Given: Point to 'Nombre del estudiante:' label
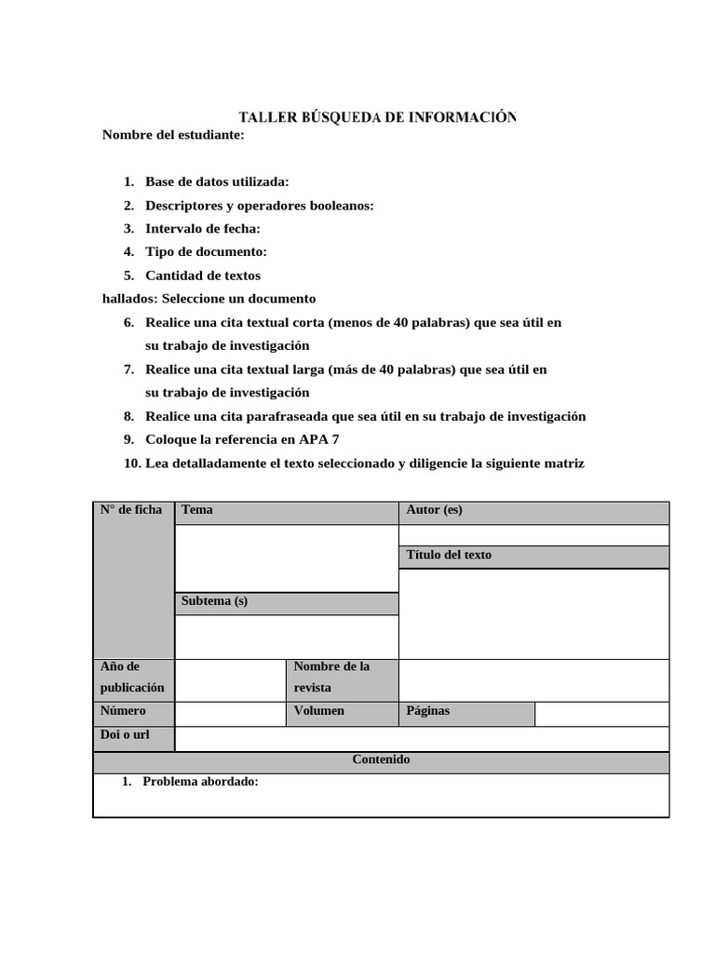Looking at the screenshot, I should tap(173, 136).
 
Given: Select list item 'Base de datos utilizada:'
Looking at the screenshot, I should tap(217, 182).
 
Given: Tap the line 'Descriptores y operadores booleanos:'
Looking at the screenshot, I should tap(259, 206).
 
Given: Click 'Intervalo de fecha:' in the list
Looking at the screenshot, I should tap(203, 229).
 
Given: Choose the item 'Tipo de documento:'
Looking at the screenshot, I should tap(206, 252).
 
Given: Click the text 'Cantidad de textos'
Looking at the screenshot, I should tap(203, 275).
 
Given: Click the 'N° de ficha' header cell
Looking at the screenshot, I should tap(133, 510).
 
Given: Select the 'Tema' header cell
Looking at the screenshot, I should tap(286, 512).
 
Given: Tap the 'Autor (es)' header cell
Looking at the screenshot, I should tap(533, 512).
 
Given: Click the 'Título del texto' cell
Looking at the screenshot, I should tap(533, 557).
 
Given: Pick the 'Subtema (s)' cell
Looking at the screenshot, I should tap(286, 603).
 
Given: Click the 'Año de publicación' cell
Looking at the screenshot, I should tap(133, 678).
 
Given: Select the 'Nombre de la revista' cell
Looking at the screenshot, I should tap(342, 678).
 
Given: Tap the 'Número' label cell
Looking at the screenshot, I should tap(133, 712).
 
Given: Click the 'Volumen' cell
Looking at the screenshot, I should tap(342, 712).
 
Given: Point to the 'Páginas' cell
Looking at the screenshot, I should tap(466, 712).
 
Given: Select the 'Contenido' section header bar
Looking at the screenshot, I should tap(381, 760).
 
